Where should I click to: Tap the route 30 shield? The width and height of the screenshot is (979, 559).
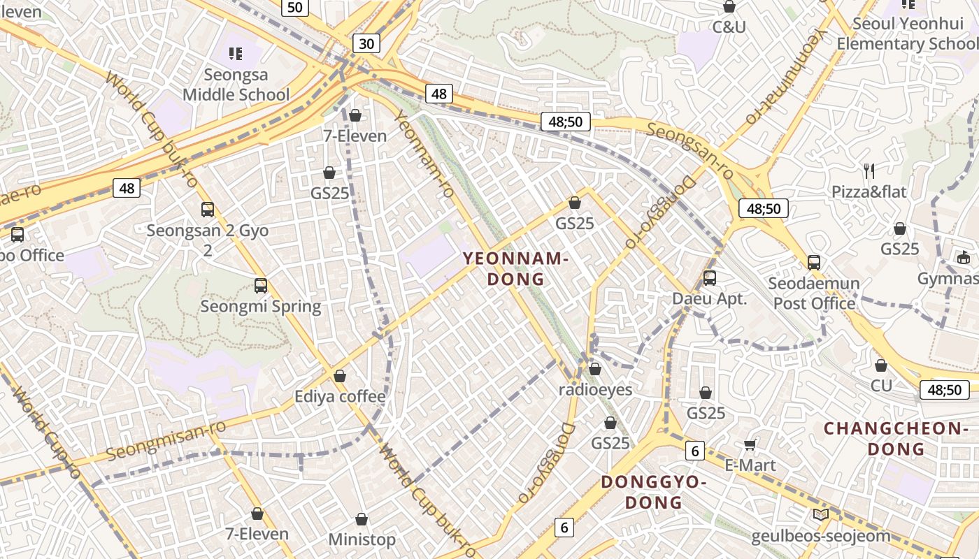click(x=366, y=44)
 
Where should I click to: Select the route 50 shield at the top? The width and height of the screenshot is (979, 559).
click(x=295, y=7)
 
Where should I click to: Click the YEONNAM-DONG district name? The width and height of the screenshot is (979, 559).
click(x=515, y=269)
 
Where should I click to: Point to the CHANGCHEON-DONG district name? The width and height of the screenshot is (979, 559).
click(x=895, y=438)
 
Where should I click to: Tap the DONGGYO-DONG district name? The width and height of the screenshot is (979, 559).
click(x=654, y=492)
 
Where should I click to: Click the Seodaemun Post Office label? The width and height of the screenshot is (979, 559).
click(x=814, y=293)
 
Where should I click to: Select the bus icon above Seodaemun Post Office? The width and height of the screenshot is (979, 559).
click(x=813, y=263)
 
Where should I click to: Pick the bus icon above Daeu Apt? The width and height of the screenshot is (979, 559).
click(x=709, y=277)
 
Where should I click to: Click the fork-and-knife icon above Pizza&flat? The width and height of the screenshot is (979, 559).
click(x=869, y=170)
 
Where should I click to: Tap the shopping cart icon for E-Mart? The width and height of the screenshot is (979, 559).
click(x=750, y=444)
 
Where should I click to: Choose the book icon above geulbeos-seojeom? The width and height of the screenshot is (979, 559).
click(x=821, y=515)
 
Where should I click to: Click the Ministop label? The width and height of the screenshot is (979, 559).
click(x=362, y=539)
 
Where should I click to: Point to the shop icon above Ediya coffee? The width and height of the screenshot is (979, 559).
click(x=340, y=376)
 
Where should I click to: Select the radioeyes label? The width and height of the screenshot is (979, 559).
click(x=595, y=389)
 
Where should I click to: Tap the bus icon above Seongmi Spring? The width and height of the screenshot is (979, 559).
click(x=261, y=285)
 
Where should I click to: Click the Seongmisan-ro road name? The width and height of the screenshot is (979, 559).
click(x=166, y=441)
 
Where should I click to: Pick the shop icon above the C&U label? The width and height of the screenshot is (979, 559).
click(x=729, y=7)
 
